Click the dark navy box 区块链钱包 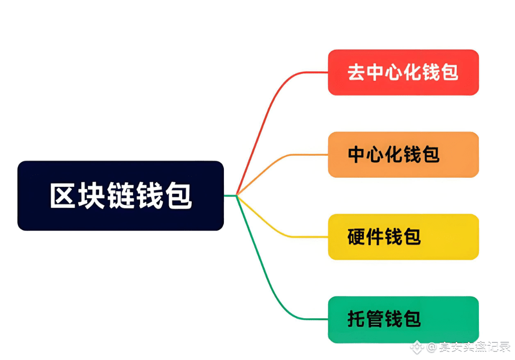tap(120, 196)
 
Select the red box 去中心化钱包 tap(403, 72)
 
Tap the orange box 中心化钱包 tap(403, 155)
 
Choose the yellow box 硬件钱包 tap(403, 237)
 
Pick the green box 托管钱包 tap(403, 319)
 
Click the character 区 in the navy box tap(62, 196)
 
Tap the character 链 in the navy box tap(120, 196)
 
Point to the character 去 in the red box tap(356, 72)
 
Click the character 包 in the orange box tap(430, 155)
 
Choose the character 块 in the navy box tap(91, 196)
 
